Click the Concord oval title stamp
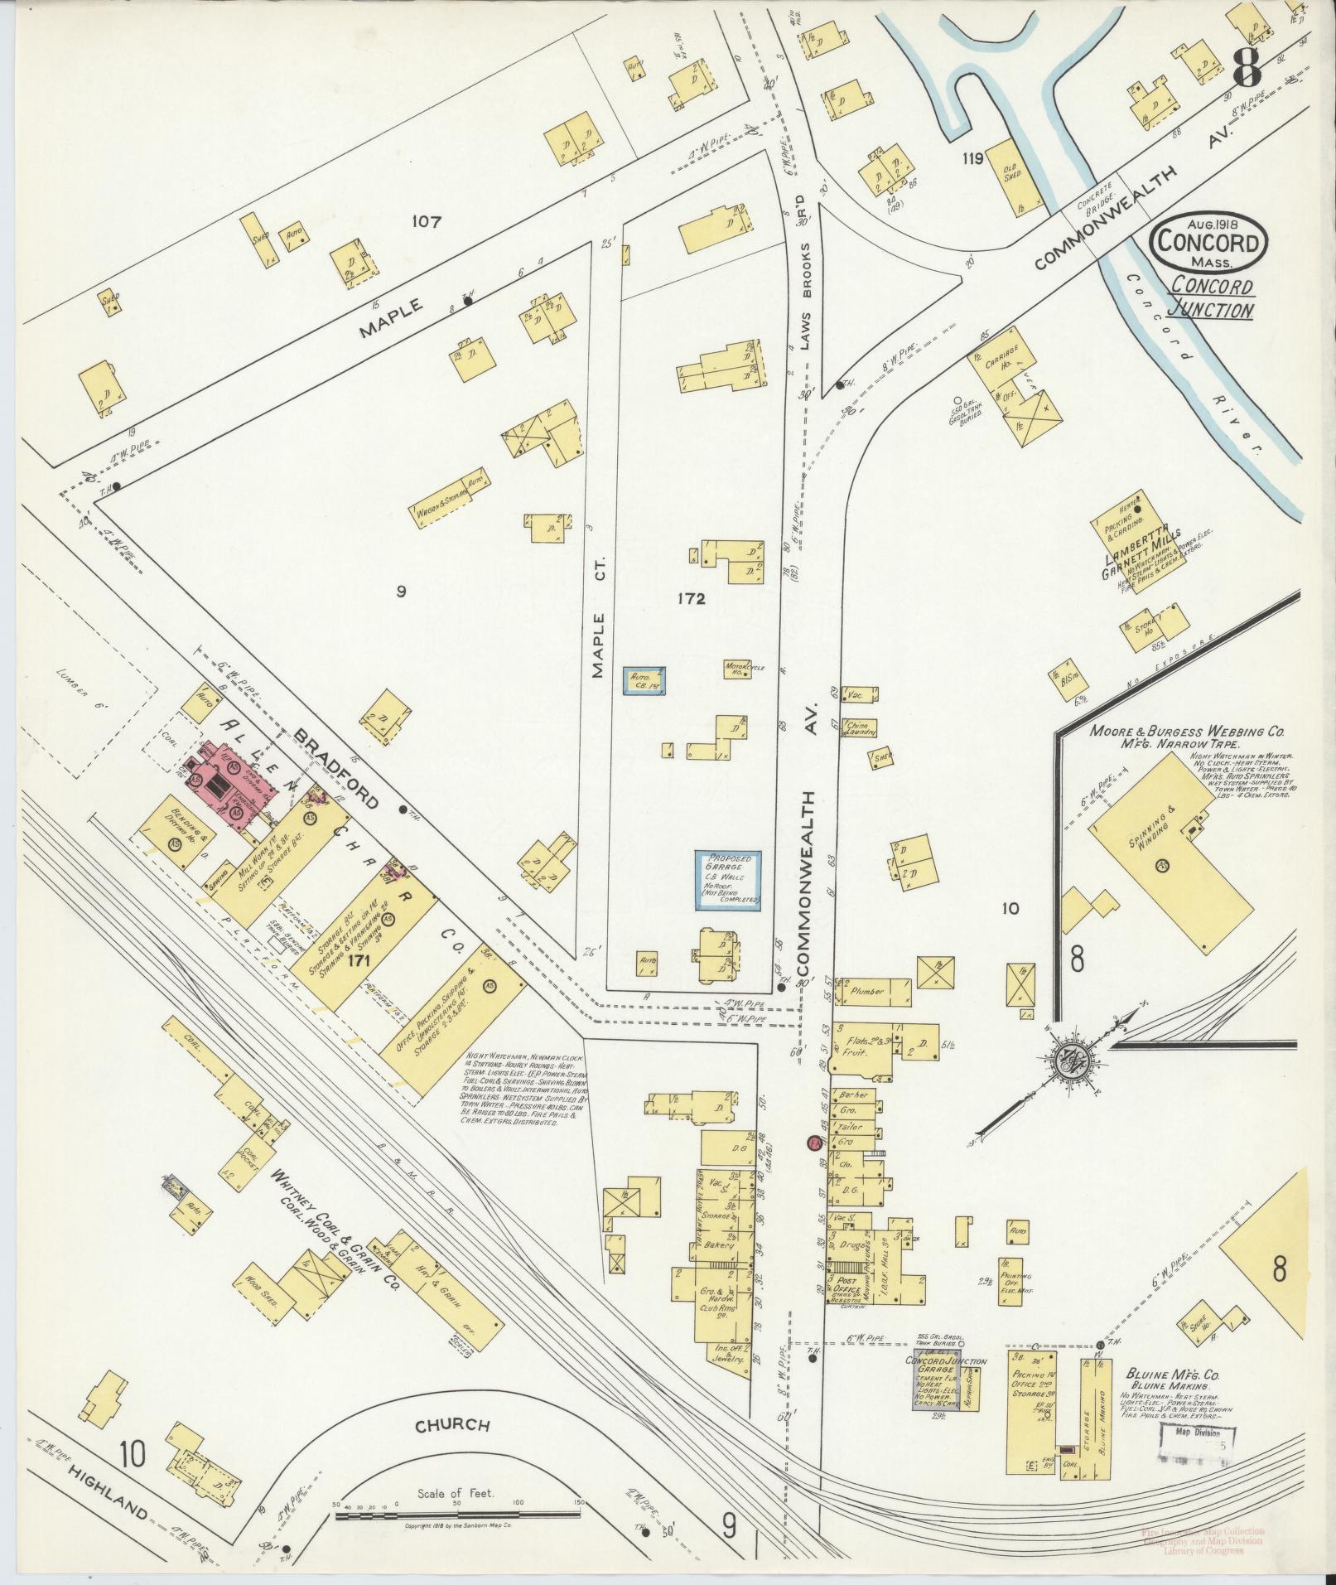click(1208, 241)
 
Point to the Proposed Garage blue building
click(728, 880)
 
